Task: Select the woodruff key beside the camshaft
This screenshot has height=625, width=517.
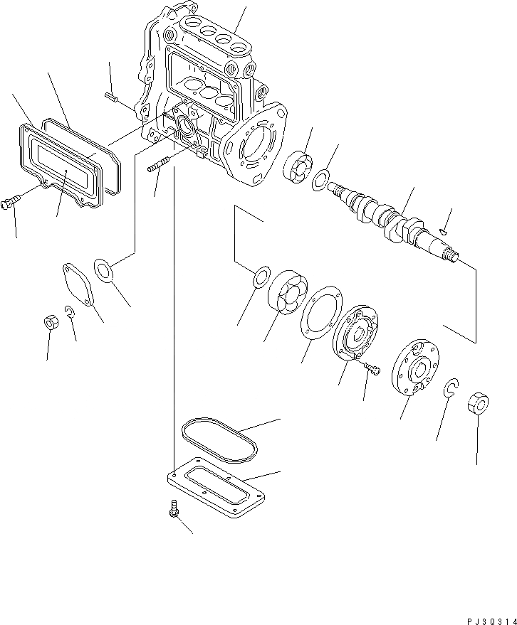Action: (444, 230)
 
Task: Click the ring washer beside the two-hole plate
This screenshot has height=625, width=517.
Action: (107, 271)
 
